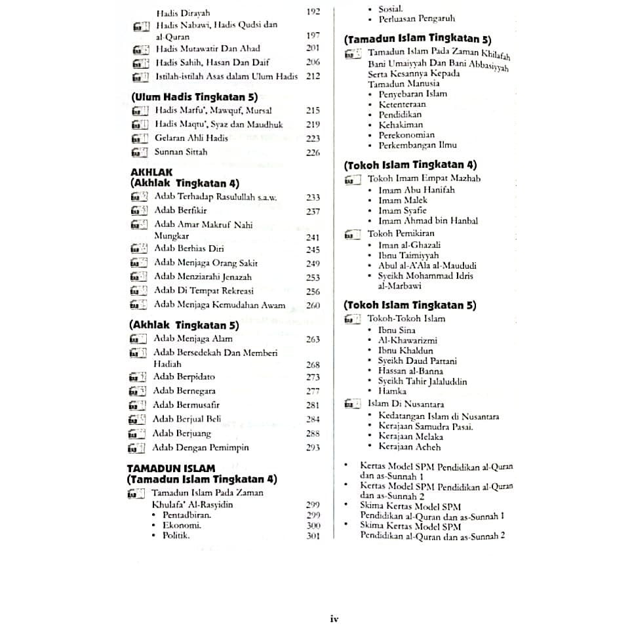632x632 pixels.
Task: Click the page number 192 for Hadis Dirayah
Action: (313, 12)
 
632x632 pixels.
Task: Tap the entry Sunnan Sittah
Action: (181, 152)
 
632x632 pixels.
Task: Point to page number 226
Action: (313, 153)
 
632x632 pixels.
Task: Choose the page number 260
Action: (313, 306)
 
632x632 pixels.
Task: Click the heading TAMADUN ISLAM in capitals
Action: (170, 469)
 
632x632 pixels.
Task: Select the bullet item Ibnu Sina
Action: (397, 330)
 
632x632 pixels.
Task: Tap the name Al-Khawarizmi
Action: (407, 340)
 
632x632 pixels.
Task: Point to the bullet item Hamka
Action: (392, 391)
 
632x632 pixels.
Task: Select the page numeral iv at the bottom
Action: (333, 618)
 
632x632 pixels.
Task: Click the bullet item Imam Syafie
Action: (402, 210)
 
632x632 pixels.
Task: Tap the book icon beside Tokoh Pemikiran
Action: (353, 234)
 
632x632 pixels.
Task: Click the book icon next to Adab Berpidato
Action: (136, 378)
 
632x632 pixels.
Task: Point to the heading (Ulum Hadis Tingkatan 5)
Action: (194, 97)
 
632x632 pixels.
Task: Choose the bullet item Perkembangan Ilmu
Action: (418, 145)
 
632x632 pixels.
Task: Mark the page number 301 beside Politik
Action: (313, 536)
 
